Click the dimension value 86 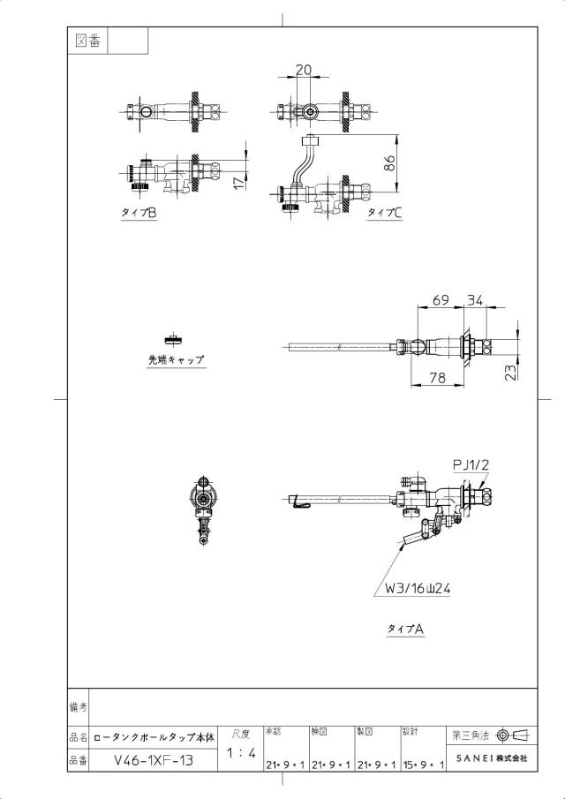[x=388, y=163]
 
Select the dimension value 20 [x=303, y=70]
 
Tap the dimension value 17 [x=239, y=182]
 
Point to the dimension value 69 [x=441, y=300]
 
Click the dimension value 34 [x=475, y=300]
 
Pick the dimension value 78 [x=438, y=377]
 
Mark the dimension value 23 [x=510, y=372]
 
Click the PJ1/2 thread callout [x=471, y=464]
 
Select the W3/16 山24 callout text [x=418, y=589]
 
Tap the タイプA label [x=405, y=629]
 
